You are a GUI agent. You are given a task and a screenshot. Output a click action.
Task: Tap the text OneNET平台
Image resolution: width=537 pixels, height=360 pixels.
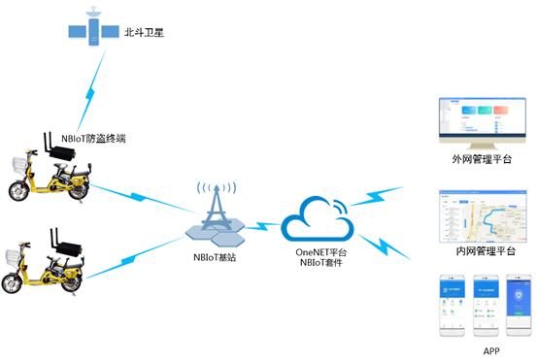tap(321, 252)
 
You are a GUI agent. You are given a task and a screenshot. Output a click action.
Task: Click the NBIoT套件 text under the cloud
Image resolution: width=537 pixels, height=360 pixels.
tap(321, 264)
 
